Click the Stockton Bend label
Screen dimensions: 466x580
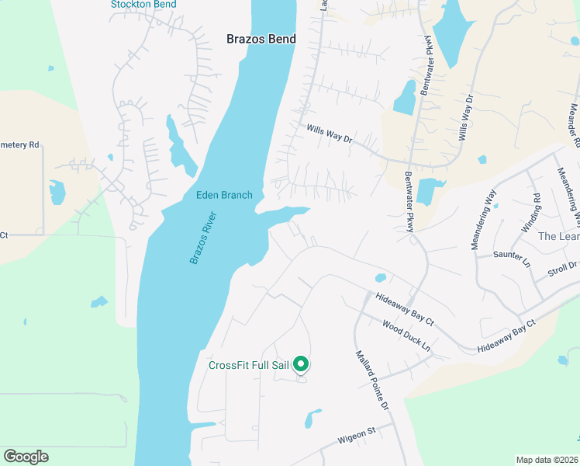coord(143,5)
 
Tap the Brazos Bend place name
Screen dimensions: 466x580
coord(261,38)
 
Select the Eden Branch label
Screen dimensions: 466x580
coord(224,195)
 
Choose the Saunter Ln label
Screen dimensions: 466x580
coord(510,254)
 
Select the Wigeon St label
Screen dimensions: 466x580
coord(356,440)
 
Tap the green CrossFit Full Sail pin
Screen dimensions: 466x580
coord(302,363)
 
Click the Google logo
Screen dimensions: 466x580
coord(26,457)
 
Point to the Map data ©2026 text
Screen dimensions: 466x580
coord(546,460)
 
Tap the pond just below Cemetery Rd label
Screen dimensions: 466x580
coord(57,191)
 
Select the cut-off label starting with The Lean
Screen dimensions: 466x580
coord(558,236)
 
